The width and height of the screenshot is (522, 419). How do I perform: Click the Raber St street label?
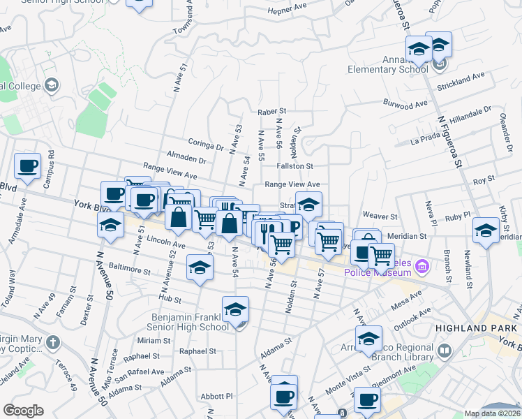271,111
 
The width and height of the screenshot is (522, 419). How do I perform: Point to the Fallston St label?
294,166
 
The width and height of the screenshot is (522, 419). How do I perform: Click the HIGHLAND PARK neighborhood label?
468,328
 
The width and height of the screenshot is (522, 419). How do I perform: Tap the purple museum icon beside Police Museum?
421,266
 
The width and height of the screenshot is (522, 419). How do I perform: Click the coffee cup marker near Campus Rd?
28,168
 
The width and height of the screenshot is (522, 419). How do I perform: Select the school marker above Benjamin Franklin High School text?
236,310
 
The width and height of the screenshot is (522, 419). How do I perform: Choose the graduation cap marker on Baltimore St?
200,269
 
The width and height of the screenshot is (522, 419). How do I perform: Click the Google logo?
23,411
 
